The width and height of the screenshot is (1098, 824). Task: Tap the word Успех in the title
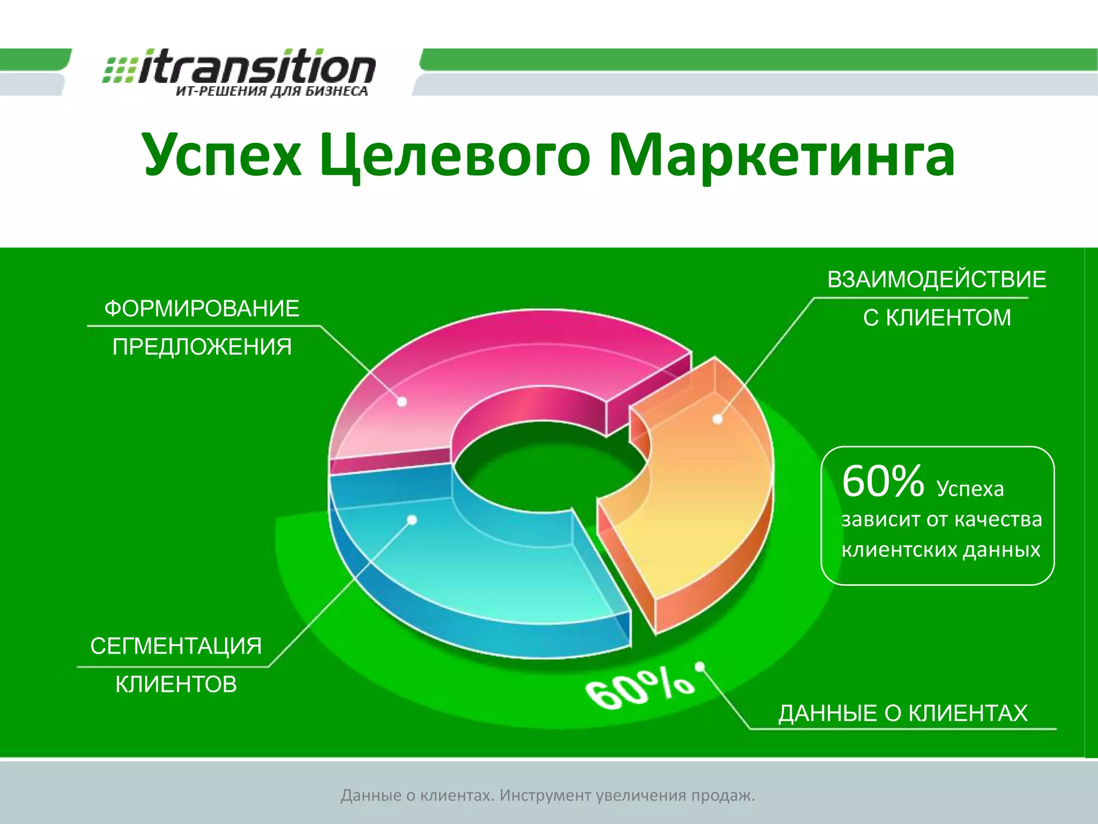(222, 156)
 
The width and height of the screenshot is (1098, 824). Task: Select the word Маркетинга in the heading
(782, 156)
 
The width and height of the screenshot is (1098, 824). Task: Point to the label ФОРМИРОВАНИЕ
(202, 309)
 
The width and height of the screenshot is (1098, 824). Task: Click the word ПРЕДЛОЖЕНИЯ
(202, 347)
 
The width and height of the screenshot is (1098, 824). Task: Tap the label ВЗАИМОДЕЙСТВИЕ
(936, 280)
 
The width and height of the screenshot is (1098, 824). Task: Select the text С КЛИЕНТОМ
(937, 318)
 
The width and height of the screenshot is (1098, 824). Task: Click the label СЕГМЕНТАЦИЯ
(176, 646)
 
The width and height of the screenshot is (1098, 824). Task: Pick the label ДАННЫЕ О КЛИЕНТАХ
(903, 713)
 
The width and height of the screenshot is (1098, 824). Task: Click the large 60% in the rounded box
(882, 481)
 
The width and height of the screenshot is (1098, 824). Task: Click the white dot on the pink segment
(402, 401)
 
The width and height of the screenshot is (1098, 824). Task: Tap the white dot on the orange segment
(718, 419)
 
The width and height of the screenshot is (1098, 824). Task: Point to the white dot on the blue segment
(412, 520)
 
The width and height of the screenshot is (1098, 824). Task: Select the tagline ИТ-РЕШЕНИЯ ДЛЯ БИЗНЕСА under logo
(272, 91)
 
